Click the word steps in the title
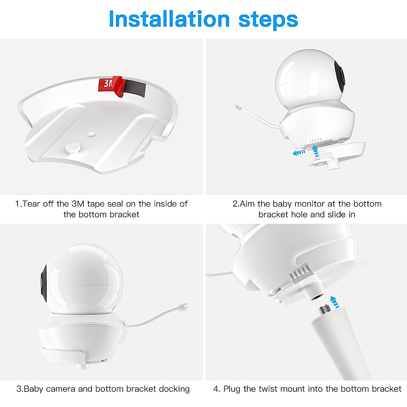pyautogui.click(x=268, y=20)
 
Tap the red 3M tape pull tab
pyautogui.click(x=112, y=85)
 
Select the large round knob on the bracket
pyautogui.click(x=72, y=147)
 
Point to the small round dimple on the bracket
pyautogui.click(x=90, y=134)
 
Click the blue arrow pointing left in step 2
pyautogui.click(x=299, y=153)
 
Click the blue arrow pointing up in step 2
pyautogui.click(x=315, y=151)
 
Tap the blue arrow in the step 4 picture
pyautogui.click(x=335, y=302)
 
